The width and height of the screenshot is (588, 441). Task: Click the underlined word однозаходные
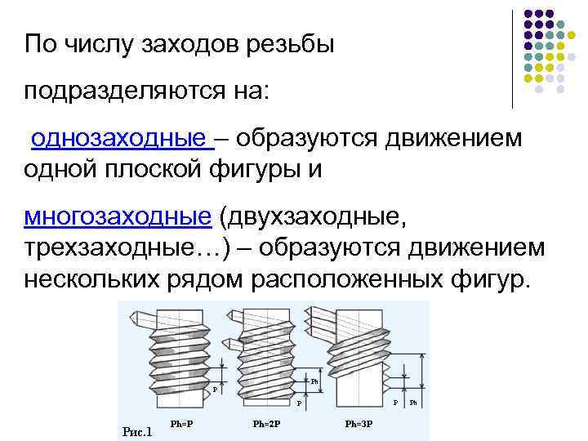pos(118,140)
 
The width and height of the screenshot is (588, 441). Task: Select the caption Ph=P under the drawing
pos(181,424)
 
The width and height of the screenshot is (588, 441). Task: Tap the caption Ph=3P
pos(359,424)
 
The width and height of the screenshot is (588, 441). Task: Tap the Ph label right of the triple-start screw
pos(413,403)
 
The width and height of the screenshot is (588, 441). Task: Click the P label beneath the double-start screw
pos(298,403)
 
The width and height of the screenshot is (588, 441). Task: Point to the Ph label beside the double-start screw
pos(314,381)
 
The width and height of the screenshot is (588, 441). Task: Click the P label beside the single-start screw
pos(215,389)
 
